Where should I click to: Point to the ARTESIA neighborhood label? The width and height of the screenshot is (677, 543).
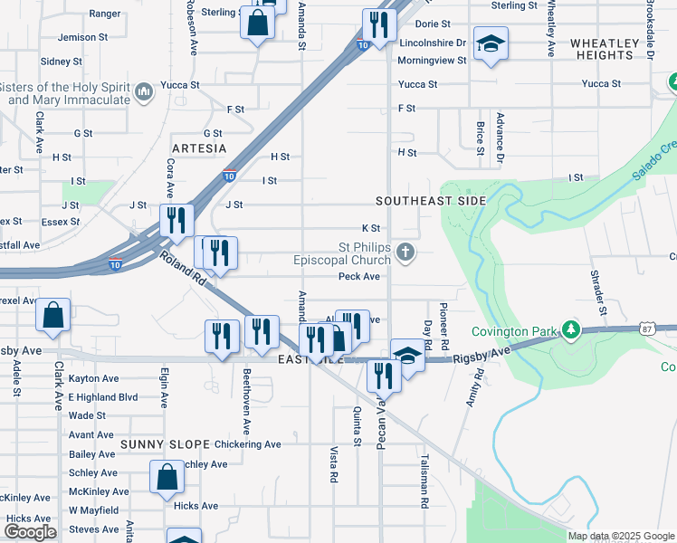tap(199, 148)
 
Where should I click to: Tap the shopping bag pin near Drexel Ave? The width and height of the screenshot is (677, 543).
tap(53, 316)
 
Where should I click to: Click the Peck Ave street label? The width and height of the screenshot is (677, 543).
tap(358, 277)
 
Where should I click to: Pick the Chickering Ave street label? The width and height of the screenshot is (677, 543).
tap(248, 444)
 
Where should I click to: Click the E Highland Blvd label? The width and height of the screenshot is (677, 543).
tap(103, 397)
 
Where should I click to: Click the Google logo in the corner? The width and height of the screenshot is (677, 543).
tap(30, 532)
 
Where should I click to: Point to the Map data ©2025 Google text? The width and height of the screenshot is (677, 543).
tap(620, 536)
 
